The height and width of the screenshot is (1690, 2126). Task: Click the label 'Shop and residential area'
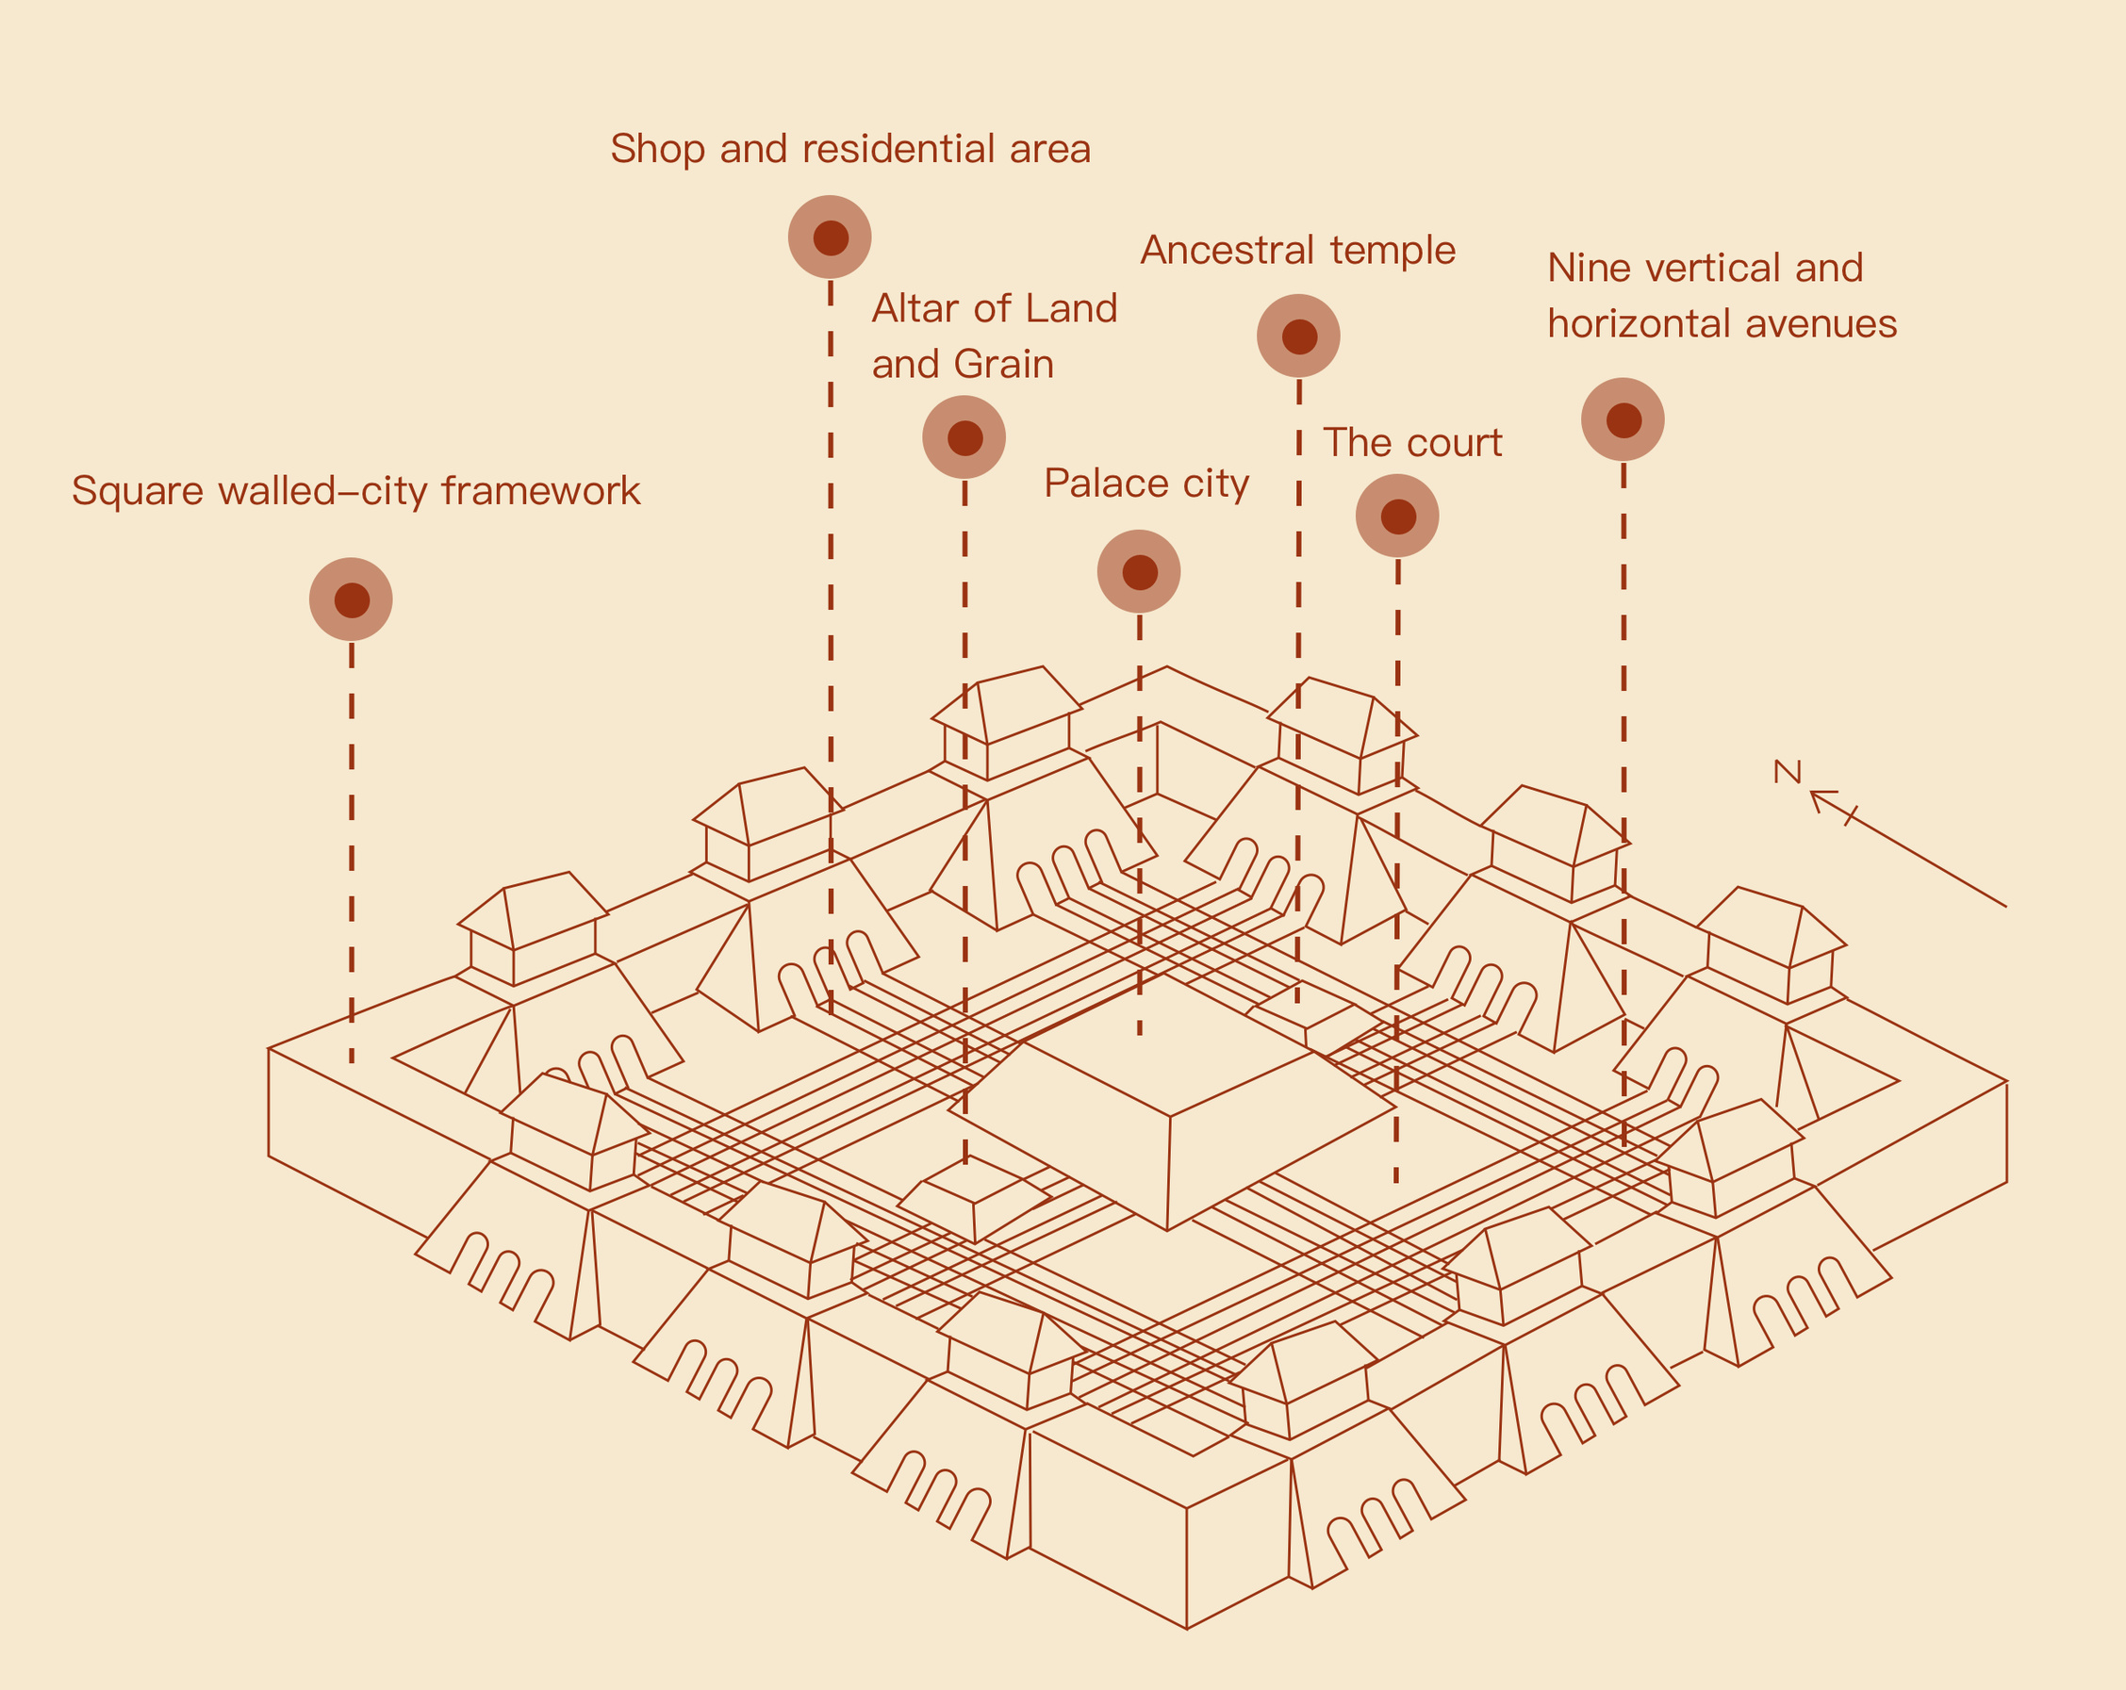click(850, 149)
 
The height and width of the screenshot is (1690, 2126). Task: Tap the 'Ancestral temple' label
click(1297, 251)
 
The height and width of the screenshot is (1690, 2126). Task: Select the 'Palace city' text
click(1145, 484)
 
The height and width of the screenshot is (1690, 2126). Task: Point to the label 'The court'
click(1411, 443)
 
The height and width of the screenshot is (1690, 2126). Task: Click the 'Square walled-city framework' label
click(356, 491)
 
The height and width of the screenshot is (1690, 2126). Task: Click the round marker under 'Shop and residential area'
click(831, 238)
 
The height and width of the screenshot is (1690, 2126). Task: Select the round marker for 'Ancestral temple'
click(1298, 336)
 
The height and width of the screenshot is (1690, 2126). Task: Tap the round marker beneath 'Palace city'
click(1139, 572)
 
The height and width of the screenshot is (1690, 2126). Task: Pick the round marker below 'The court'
click(1397, 516)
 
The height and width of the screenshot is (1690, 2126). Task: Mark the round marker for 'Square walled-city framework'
click(351, 599)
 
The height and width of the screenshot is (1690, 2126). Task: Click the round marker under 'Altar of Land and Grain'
click(964, 437)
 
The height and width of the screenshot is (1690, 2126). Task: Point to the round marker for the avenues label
click(1623, 420)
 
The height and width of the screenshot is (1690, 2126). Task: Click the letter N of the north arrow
click(1787, 772)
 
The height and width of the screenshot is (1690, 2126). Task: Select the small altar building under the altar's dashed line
click(974, 1199)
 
